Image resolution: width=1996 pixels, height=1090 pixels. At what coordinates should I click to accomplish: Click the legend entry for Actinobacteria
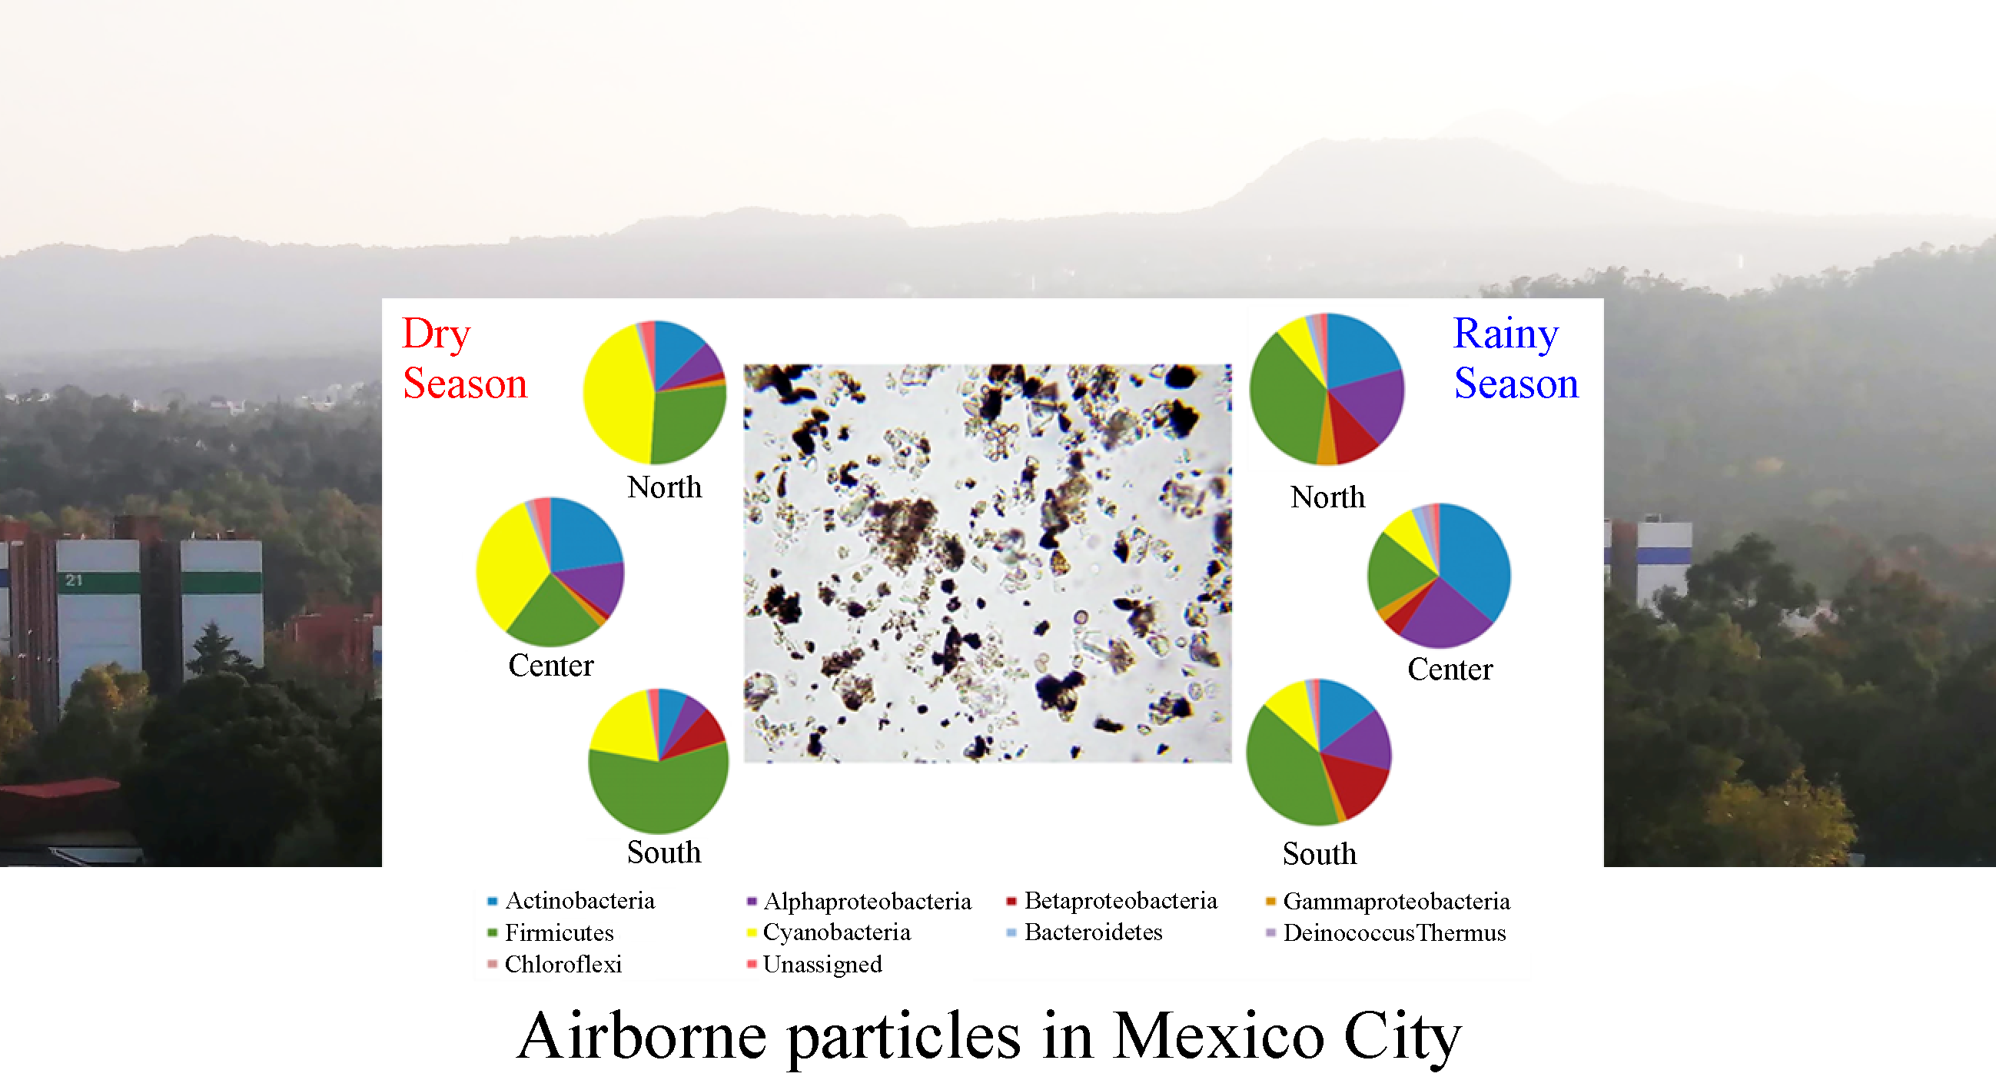(571, 900)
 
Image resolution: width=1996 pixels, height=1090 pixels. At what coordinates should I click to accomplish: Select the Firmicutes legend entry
(551, 932)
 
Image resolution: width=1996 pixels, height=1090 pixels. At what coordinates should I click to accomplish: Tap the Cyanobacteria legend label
(829, 932)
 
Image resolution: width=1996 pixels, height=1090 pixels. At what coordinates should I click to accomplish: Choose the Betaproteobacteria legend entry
(1111, 900)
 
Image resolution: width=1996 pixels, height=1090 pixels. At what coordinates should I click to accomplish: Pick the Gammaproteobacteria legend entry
(1388, 901)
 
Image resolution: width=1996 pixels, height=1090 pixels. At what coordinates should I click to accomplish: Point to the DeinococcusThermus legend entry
(1387, 932)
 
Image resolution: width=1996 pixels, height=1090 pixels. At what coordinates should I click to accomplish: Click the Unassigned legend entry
(815, 964)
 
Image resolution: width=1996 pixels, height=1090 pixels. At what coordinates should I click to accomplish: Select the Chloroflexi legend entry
(555, 964)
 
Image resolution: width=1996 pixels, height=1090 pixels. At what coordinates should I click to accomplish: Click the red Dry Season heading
(465, 358)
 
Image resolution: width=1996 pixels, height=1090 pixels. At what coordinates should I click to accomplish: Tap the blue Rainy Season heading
(1516, 358)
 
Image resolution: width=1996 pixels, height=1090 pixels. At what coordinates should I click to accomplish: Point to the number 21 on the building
(74, 580)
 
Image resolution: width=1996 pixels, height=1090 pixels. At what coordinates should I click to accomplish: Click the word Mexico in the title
(1218, 1035)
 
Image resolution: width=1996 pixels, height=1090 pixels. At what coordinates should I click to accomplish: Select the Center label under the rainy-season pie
(1450, 669)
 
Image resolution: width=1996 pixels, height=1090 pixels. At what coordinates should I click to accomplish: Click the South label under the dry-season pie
(664, 852)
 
